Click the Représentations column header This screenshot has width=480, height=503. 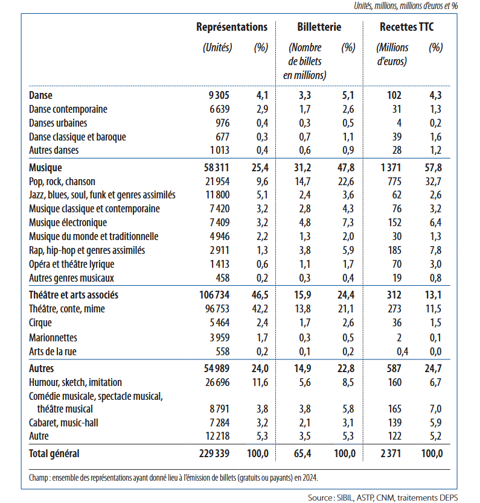[x=231, y=27]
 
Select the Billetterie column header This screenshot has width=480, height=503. [x=319, y=27]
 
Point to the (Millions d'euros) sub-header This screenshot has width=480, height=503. [x=392, y=54]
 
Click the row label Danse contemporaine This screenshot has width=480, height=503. [x=68, y=109]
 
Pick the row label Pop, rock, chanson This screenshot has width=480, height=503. [x=62, y=182]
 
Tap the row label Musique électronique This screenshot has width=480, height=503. [x=68, y=223]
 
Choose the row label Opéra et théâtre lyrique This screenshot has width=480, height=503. [x=71, y=264]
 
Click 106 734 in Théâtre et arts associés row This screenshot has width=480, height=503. [x=215, y=295]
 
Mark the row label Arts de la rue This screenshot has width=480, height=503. [x=53, y=352]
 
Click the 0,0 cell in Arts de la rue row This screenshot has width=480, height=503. [x=435, y=352]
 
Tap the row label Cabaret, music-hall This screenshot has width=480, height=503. [x=63, y=422]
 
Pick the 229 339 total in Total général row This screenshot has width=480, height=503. [x=215, y=454]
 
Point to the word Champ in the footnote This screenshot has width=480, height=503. [x=39, y=478]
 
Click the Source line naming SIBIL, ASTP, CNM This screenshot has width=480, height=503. [x=382, y=498]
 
